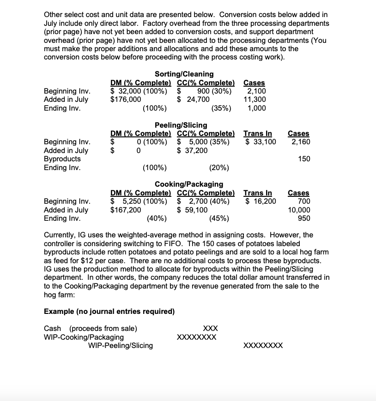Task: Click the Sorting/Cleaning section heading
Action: click(x=184, y=74)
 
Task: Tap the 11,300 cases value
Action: click(x=255, y=100)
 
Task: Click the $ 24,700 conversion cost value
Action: click(x=193, y=100)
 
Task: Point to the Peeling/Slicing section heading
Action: click(x=181, y=125)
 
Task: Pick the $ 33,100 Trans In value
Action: click(x=261, y=142)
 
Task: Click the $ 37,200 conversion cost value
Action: click(x=193, y=150)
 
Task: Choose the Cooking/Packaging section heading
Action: click(x=188, y=184)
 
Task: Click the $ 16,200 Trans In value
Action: click(x=261, y=201)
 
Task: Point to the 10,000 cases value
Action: click(x=299, y=210)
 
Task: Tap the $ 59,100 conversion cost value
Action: click(x=193, y=210)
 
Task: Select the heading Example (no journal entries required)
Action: click(x=109, y=312)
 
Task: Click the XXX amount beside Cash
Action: click(x=210, y=328)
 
